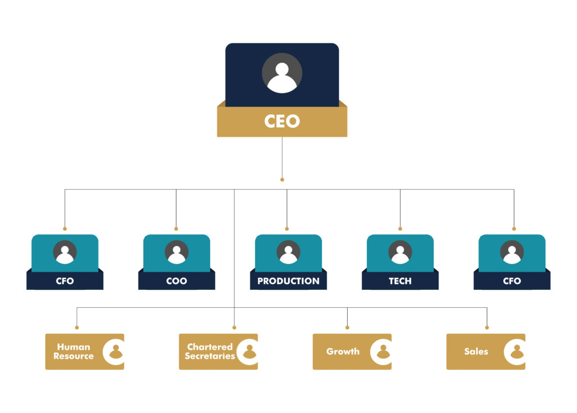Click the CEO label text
(x=282, y=121)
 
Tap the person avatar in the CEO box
(x=282, y=74)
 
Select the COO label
(x=176, y=281)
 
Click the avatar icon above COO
(x=176, y=253)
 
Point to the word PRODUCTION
(x=288, y=281)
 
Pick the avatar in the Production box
(x=288, y=253)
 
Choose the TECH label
(x=400, y=281)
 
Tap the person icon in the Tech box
(x=400, y=253)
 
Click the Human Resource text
(x=73, y=352)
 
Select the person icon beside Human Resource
(x=116, y=352)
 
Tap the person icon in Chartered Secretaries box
(x=249, y=352)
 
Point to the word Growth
(x=343, y=352)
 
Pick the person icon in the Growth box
(x=383, y=352)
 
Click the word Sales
(x=476, y=352)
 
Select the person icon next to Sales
(x=517, y=352)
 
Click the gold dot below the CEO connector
(x=282, y=180)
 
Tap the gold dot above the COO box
(x=176, y=229)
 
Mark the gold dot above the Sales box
(x=487, y=327)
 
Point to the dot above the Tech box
(x=400, y=229)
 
